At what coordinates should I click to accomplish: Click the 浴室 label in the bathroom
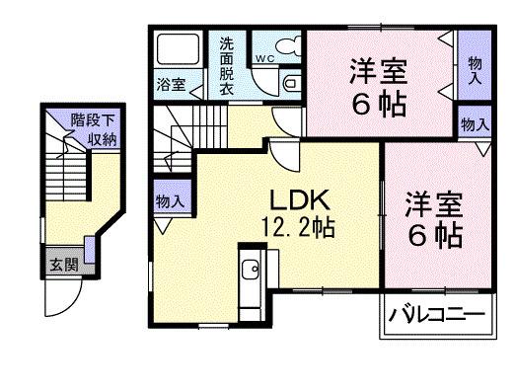[170, 84]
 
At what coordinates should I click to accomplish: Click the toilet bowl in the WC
[287, 45]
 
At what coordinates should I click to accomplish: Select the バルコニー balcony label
[434, 316]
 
